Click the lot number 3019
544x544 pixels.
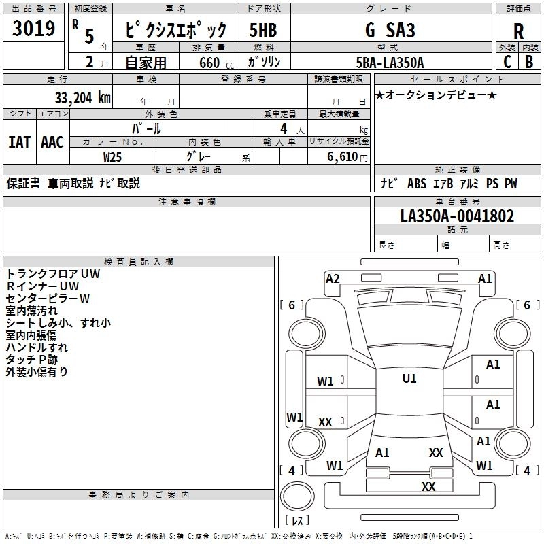pyautogui.click(x=33, y=29)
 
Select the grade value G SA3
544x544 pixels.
pyautogui.click(x=390, y=30)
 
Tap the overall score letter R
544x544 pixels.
pyautogui.click(x=518, y=31)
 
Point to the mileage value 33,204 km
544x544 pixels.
pyautogui.click(x=82, y=98)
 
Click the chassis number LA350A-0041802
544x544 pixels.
pyautogui.click(x=457, y=216)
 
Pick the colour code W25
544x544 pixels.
pyautogui.click(x=112, y=157)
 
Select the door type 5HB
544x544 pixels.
pyautogui.click(x=263, y=30)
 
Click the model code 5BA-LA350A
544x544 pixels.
pyautogui.click(x=390, y=63)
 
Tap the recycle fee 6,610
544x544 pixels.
pyautogui.click(x=343, y=157)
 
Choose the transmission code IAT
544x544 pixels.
pyautogui.click(x=20, y=142)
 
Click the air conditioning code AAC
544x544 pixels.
pyautogui.click(x=52, y=142)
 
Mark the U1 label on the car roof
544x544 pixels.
pyautogui.click(x=409, y=378)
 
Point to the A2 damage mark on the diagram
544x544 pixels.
pyautogui.click(x=333, y=279)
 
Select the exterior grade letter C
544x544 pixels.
pyautogui.click(x=507, y=62)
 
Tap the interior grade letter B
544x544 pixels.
pyautogui.click(x=530, y=62)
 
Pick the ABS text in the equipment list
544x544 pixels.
pyautogui.click(x=417, y=184)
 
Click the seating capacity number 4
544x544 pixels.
pyautogui.click(x=284, y=129)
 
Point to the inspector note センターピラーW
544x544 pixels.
pyautogui.click(x=48, y=299)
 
